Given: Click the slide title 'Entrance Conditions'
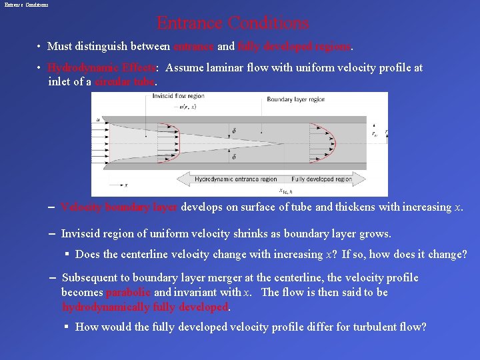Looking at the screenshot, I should click(x=233, y=23).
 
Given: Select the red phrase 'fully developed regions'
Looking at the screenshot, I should click(x=295, y=47).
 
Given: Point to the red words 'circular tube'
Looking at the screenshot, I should click(x=125, y=82).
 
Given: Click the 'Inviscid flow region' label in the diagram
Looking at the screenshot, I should click(x=178, y=96).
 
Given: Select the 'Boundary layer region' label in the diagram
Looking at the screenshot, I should click(x=295, y=99).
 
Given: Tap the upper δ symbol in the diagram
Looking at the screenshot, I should click(x=233, y=131).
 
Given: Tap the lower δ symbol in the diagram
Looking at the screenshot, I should click(x=233, y=157).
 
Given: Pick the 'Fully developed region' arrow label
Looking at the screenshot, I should click(x=321, y=179).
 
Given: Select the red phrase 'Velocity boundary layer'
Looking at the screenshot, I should click(x=119, y=207).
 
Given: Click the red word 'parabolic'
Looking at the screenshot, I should click(x=128, y=293).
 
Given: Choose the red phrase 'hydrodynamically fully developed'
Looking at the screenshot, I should click(x=145, y=307).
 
